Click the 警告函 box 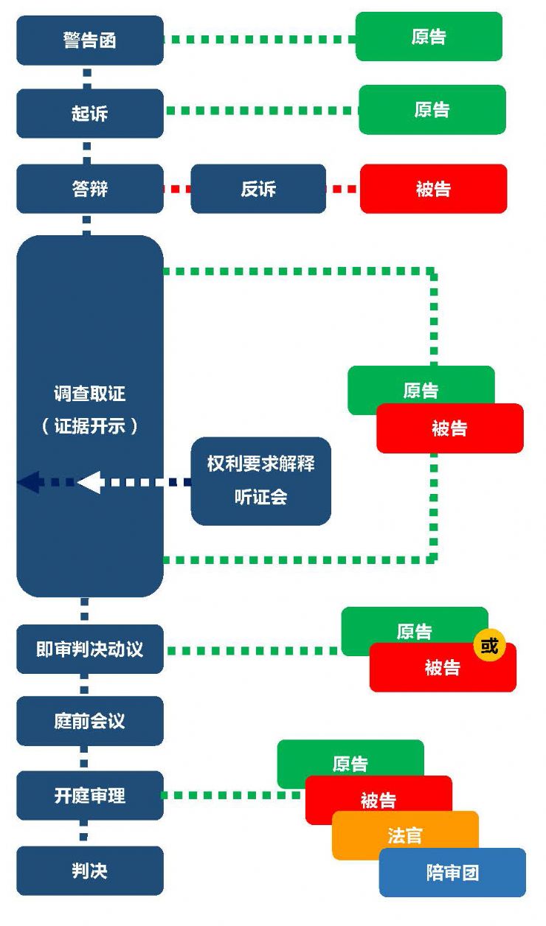click(x=89, y=41)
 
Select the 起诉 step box click(x=89, y=114)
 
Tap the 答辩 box click(x=89, y=189)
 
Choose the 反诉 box click(x=258, y=189)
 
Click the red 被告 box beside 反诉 click(x=433, y=189)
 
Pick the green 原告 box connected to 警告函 click(x=429, y=36)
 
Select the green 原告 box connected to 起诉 click(x=432, y=110)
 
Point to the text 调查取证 click(x=89, y=394)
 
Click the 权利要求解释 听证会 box click(x=260, y=481)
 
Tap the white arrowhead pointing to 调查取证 click(x=90, y=482)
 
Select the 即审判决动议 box click(x=89, y=650)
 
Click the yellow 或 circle click(x=489, y=647)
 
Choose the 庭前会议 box click(x=89, y=721)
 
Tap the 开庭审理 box click(x=89, y=796)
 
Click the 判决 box click(x=89, y=871)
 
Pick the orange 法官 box click(x=404, y=835)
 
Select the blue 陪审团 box click(x=452, y=873)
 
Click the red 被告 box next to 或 click(x=442, y=668)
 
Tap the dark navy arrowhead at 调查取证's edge click(x=30, y=482)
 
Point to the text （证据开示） click(x=89, y=426)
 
